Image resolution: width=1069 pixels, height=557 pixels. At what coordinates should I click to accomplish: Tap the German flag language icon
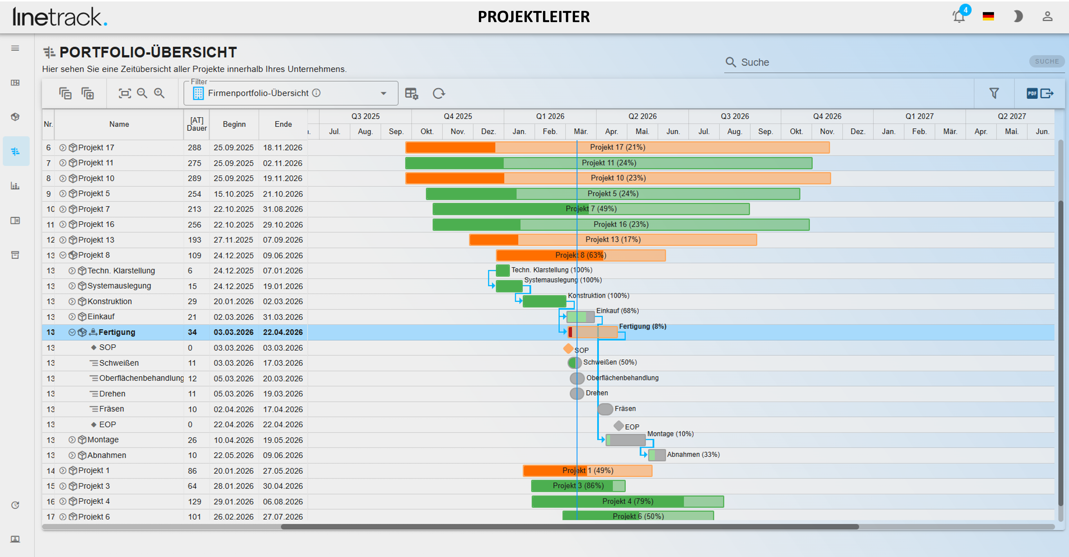988,17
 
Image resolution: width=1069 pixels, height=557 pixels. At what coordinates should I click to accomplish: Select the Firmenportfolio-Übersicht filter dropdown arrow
383,93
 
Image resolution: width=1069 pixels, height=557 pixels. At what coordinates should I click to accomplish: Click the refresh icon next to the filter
439,93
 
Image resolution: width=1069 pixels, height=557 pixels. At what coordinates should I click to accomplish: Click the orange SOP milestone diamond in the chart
568,348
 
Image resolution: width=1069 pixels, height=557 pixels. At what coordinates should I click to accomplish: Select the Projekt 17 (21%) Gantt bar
618,147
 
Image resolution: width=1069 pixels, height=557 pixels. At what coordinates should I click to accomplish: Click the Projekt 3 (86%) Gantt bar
578,486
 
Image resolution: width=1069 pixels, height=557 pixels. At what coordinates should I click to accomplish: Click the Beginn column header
234,124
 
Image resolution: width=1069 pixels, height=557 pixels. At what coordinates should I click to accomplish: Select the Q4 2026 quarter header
827,116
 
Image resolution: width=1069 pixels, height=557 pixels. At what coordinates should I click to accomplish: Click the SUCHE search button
1047,61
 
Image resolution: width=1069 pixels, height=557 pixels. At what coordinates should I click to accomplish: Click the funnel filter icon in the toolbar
994,93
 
